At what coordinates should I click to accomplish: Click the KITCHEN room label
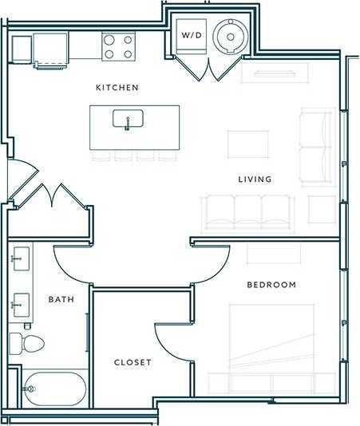tap(117, 87)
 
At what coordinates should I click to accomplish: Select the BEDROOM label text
tap(271, 285)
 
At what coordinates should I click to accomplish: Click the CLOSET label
tap(133, 362)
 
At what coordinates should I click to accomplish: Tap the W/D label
tap(192, 36)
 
